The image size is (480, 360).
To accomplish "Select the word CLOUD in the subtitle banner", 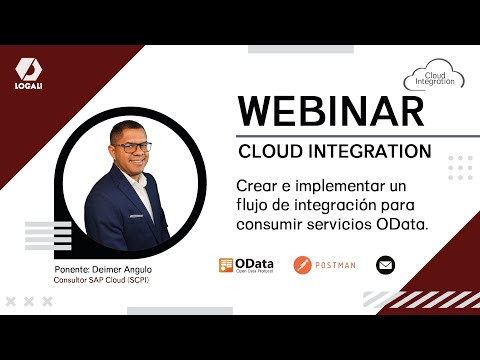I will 269,151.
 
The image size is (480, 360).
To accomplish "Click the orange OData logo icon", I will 226,265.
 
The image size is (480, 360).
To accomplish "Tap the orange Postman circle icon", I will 302,265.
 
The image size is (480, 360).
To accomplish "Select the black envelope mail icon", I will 385,265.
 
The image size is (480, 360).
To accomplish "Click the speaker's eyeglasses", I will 132,147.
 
